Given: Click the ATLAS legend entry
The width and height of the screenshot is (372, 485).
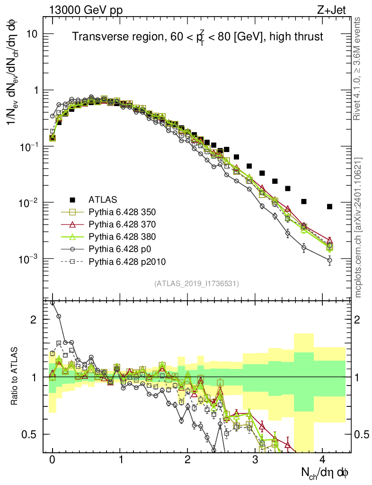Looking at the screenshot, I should (102, 199).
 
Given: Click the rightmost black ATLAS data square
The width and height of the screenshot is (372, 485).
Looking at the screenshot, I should (329, 207).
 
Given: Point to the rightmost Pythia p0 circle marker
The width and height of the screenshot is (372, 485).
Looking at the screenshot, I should (329, 260).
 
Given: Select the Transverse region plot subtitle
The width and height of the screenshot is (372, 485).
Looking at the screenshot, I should (197, 36).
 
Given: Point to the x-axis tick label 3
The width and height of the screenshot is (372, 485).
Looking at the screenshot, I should (255, 459).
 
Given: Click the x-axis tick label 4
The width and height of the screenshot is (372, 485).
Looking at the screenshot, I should (322, 459).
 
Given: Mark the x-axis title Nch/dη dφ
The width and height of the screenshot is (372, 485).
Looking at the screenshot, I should (325, 472).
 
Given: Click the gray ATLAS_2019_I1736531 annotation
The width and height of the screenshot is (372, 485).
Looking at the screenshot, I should (196, 284).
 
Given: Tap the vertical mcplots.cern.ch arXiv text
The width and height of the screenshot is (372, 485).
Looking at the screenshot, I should (358, 227).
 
